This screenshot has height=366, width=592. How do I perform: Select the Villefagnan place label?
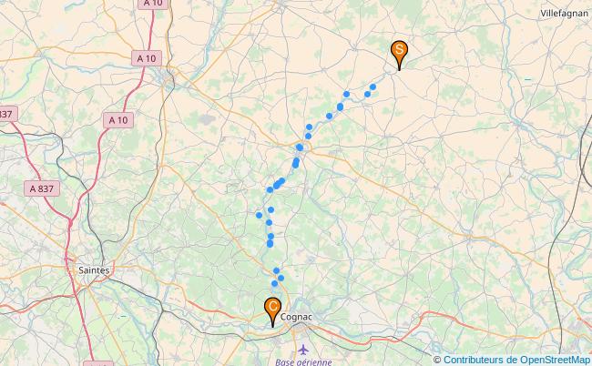[565, 15]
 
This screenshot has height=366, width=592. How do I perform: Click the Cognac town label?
[297, 317]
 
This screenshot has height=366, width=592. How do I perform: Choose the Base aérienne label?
[303, 361]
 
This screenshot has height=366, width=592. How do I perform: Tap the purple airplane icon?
[303, 349]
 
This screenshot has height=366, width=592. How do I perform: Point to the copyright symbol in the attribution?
[437, 360]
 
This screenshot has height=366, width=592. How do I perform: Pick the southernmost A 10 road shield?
[117, 119]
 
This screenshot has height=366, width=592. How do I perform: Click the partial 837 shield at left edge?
[6, 114]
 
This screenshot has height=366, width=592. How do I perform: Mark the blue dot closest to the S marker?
[373, 86]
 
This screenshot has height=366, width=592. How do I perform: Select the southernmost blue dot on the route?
[274, 284]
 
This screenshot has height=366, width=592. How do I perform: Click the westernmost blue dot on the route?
[259, 216]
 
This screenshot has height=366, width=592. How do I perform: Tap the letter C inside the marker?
[272, 306]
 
